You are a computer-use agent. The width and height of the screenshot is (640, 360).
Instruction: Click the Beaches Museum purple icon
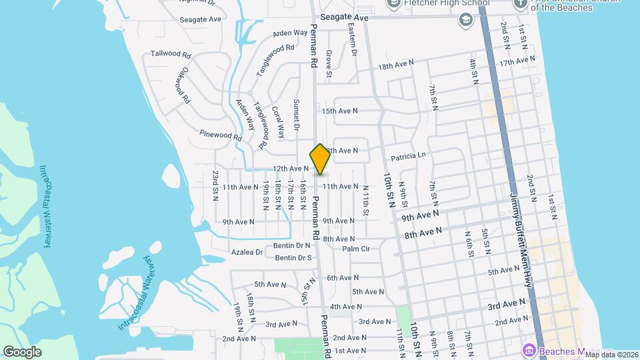tap(529, 350)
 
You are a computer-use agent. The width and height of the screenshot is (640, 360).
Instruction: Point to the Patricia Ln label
tap(408, 157)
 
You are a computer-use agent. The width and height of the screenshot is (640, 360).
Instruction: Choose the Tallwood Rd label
tap(171, 54)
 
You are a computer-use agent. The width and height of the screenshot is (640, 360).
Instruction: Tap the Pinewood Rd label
tap(220, 135)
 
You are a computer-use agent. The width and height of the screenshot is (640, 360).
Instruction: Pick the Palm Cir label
tap(356, 249)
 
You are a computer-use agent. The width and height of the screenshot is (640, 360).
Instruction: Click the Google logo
tap(22, 351)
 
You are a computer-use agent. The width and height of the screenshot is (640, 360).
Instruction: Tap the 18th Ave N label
tap(396, 65)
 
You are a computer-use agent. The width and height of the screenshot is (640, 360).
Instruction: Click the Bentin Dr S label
tap(293, 257)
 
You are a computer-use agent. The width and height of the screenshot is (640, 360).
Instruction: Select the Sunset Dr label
tap(297, 115)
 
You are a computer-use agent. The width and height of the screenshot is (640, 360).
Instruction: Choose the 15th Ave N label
tap(339, 111)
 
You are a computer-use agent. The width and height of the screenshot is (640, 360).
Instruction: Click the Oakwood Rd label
tap(183, 85)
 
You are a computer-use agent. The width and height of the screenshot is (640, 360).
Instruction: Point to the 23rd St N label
tap(215, 185)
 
